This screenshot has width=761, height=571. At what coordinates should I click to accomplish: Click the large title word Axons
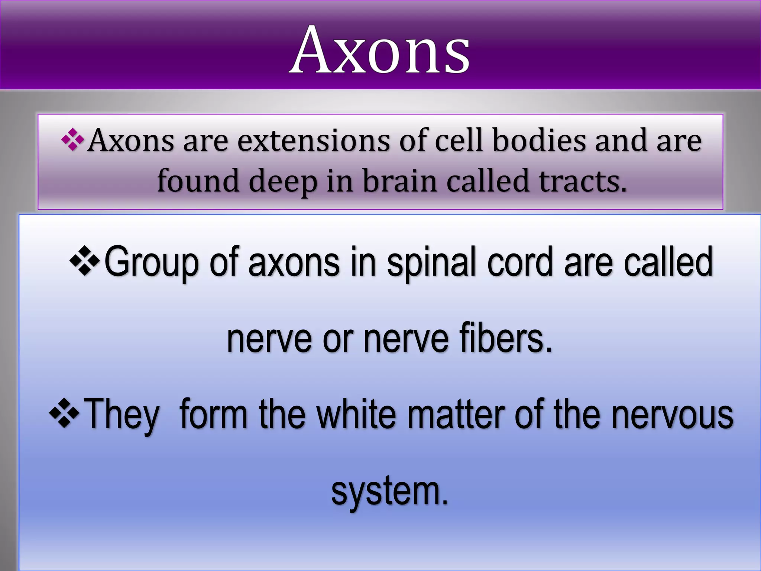pyautogui.click(x=379, y=50)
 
